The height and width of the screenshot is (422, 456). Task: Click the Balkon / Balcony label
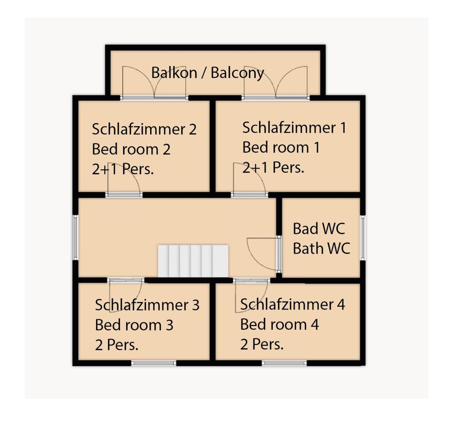pyautogui.click(x=207, y=73)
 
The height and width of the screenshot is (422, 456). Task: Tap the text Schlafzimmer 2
pyautogui.click(x=144, y=129)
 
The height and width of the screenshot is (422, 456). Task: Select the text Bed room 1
pyautogui.click(x=281, y=147)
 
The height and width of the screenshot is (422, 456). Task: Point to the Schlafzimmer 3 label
pyautogui.click(x=147, y=305)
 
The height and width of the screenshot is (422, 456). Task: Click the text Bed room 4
pyautogui.click(x=279, y=324)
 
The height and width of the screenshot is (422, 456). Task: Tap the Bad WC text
pyautogui.click(x=319, y=228)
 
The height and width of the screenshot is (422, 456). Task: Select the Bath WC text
pyautogui.click(x=321, y=248)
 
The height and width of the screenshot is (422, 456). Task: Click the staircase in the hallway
pyautogui.click(x=193, y=261)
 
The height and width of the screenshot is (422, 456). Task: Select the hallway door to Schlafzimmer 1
pyautogui.click(x=249, y=180)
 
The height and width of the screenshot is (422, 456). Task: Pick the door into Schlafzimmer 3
pyautogui.click(x=126, y=295)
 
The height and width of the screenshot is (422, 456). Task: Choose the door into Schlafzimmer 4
pyautogui.click(x=251, y=295)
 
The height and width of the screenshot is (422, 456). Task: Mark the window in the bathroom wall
pyautogui.click(x=363, y=238)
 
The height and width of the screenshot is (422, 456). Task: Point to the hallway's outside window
pyautogui.click(x=76, y=238)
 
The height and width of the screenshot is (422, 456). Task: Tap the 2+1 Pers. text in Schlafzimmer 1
pyautogui.click(x=273, y=167)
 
